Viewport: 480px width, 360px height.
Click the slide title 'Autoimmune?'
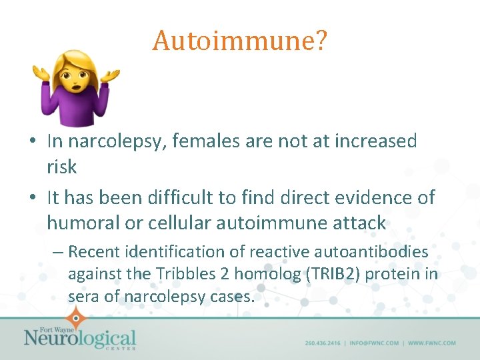point(239,41)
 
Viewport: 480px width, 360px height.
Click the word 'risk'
point(62,167)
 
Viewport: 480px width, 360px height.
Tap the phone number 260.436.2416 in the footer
point(323,343)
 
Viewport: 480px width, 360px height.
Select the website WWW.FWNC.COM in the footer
point(432,343)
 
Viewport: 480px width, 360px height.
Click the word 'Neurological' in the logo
point(80,338)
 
